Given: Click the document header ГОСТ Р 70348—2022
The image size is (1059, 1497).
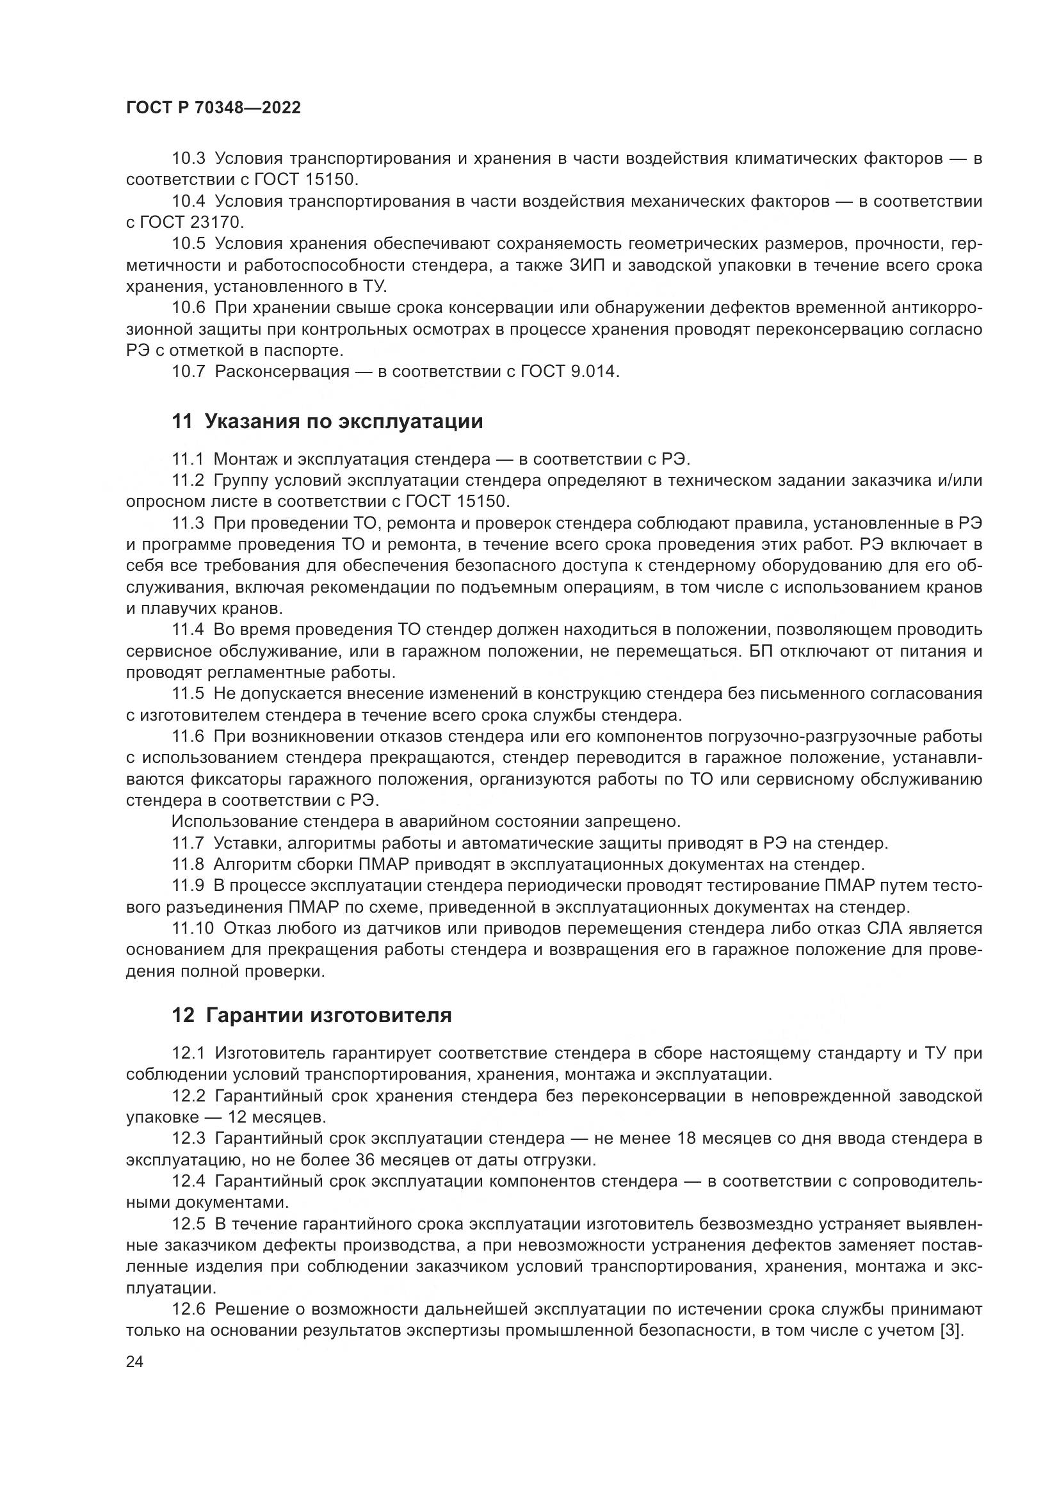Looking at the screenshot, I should [213, 108].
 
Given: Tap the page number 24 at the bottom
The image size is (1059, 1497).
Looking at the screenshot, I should [135, 1361].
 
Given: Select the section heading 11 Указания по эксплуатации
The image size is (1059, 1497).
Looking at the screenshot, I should [327, 422].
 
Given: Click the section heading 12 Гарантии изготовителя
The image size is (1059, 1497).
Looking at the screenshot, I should [311, 1015].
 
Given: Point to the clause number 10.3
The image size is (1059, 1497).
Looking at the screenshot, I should [188, 159].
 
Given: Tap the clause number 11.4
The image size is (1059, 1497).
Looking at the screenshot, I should [188, 630].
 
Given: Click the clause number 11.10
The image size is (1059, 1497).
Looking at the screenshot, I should [191, 928].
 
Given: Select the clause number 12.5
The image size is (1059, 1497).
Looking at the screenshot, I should [188, 1224].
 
